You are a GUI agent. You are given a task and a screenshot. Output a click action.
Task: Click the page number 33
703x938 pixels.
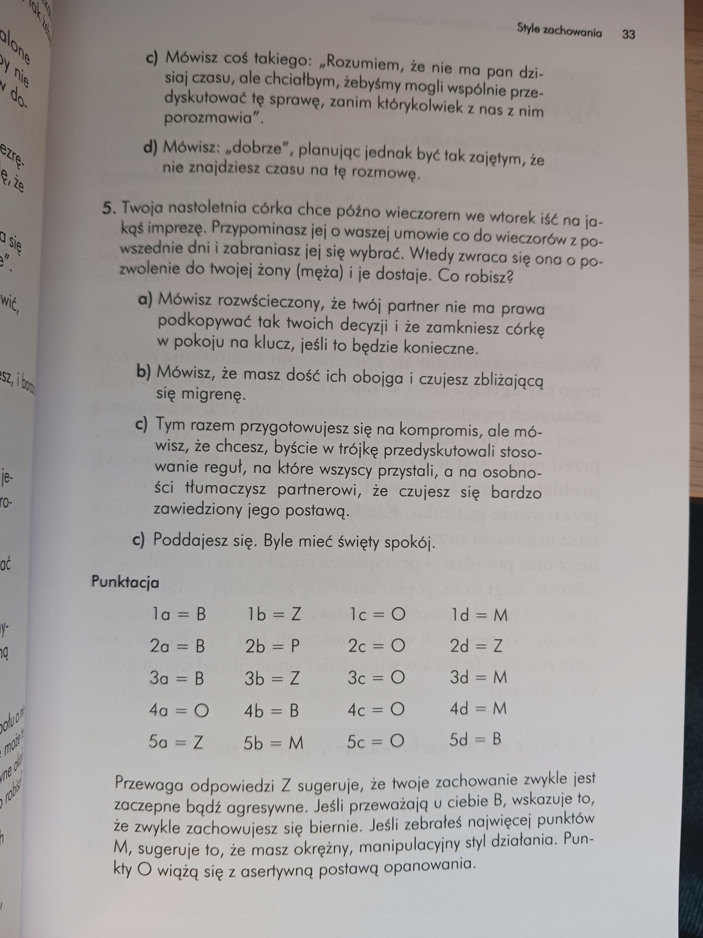point(628,35)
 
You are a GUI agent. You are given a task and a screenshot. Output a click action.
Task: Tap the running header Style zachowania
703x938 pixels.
point(559,33)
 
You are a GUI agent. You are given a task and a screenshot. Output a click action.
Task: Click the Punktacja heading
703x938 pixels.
point(125,582)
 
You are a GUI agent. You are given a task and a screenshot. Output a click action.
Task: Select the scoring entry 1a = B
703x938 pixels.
point(178,615)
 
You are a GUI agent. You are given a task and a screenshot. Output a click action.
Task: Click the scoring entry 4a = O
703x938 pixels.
point(179,710)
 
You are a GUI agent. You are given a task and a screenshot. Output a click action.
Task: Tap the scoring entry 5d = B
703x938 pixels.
point(475,740)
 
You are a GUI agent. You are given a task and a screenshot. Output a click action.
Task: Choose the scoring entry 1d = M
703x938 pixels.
point(479,615)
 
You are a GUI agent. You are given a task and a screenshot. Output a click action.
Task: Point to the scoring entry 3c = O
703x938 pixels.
point(376,678)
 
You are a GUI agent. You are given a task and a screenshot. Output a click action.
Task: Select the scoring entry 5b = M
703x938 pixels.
point(274,742)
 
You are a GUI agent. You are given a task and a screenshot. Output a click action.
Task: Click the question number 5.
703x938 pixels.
point(109,208)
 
